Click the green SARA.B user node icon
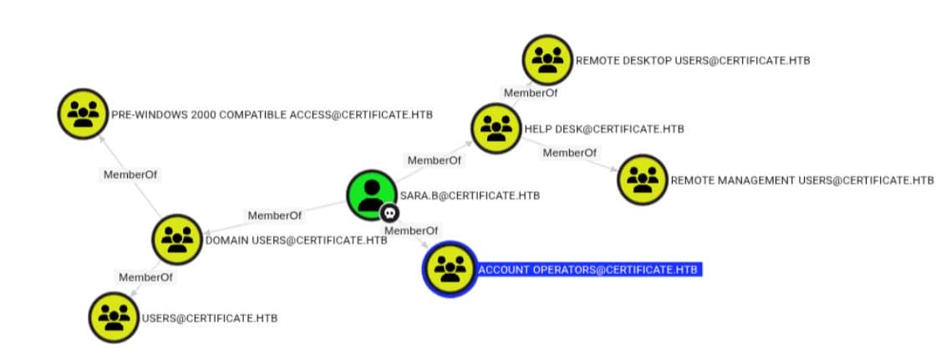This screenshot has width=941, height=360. coord(371,194)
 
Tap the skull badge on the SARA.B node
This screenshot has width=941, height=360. coord(389,213)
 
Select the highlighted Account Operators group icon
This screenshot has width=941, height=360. coord(450,269)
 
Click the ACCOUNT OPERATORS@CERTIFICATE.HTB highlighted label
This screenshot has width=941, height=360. coord(587,269)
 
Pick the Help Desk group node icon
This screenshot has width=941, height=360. coord(496,128)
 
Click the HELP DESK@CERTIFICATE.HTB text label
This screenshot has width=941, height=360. coord(603,129)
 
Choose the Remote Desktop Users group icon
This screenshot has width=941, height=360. coord(547,59)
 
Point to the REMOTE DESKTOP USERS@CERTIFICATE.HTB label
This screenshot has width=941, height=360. coord(693,61)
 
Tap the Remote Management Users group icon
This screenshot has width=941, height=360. coord(643,179)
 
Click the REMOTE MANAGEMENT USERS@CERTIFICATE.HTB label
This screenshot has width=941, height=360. coord(801,180)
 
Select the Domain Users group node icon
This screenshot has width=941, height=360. coord(176,239)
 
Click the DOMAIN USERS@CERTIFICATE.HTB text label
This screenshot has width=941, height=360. coord(296,241)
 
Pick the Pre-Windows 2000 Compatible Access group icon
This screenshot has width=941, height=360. coord(83,114)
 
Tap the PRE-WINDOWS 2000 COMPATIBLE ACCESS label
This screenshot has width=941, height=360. coord(272,114)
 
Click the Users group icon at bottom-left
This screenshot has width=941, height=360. coord(114,317)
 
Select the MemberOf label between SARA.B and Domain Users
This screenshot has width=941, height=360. coord(274,215)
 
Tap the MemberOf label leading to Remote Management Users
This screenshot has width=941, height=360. coord(570,152)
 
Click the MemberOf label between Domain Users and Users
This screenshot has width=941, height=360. coord(145,277)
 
